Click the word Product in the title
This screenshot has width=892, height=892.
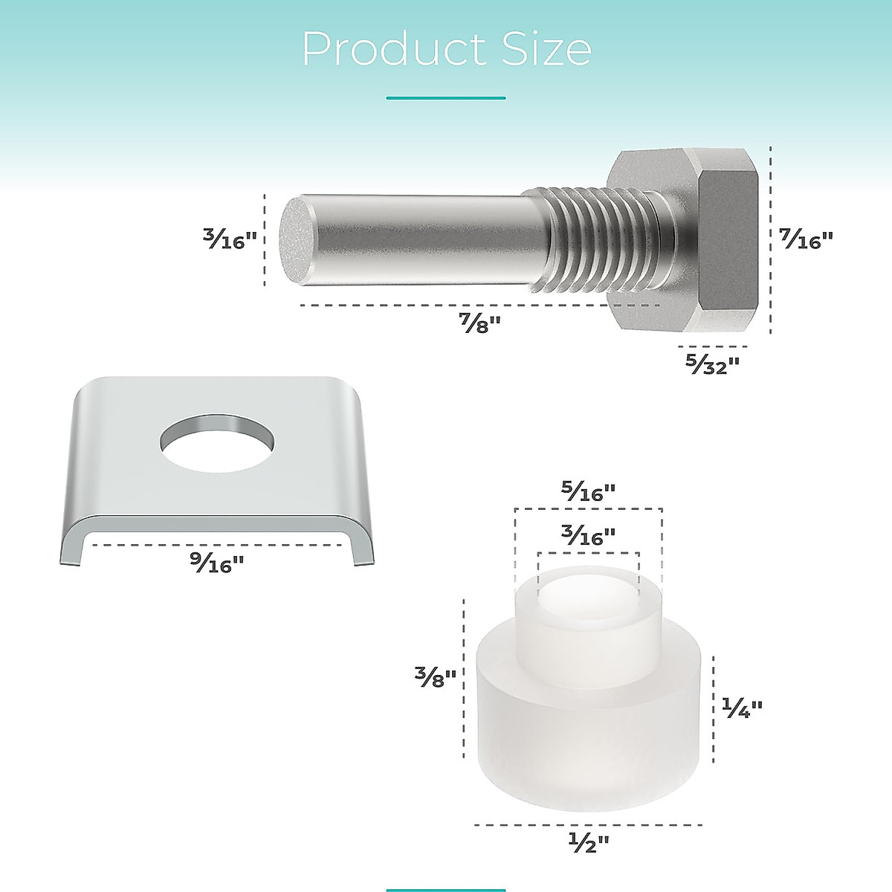point(387,50)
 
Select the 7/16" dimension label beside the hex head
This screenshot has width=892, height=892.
point(807,239)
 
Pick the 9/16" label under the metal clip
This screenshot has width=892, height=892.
point(216,564)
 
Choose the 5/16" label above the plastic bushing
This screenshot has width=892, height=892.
point(588,492)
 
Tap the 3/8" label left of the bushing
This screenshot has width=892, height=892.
point(435,676)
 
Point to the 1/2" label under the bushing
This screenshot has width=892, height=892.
point(588,842)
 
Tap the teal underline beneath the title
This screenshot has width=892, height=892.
point(446,97)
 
